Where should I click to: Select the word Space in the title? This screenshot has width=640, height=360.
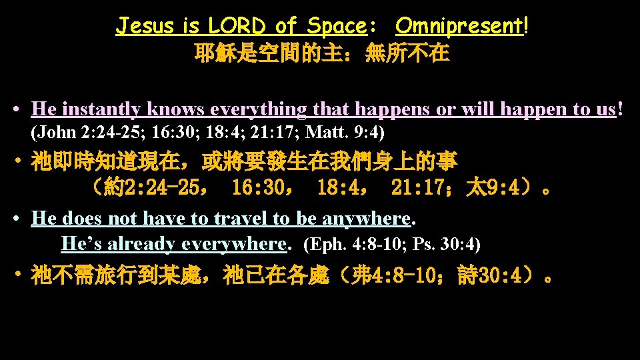337,27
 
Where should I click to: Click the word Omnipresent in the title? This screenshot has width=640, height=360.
460,27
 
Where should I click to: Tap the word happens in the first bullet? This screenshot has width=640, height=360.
393,109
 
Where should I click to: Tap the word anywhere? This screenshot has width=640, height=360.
367,218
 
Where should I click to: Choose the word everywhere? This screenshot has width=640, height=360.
233,244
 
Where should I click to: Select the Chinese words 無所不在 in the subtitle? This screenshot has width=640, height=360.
407,53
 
